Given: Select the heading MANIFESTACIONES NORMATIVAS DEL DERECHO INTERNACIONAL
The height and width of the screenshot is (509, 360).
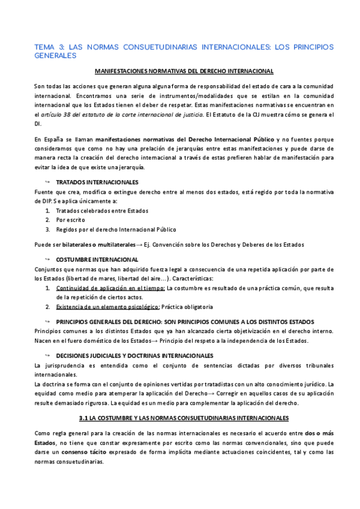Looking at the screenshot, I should point(184,71).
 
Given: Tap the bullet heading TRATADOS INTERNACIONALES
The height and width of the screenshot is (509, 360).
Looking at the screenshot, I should point(97,181).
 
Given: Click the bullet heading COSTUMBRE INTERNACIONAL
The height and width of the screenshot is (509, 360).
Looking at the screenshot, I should point(97,259).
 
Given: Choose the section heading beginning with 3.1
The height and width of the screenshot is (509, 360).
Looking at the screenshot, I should point(184,417).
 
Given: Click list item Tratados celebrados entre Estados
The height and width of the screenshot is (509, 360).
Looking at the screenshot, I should point(102,211).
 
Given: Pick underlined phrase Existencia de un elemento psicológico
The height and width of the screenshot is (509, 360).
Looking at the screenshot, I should point(108,307).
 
